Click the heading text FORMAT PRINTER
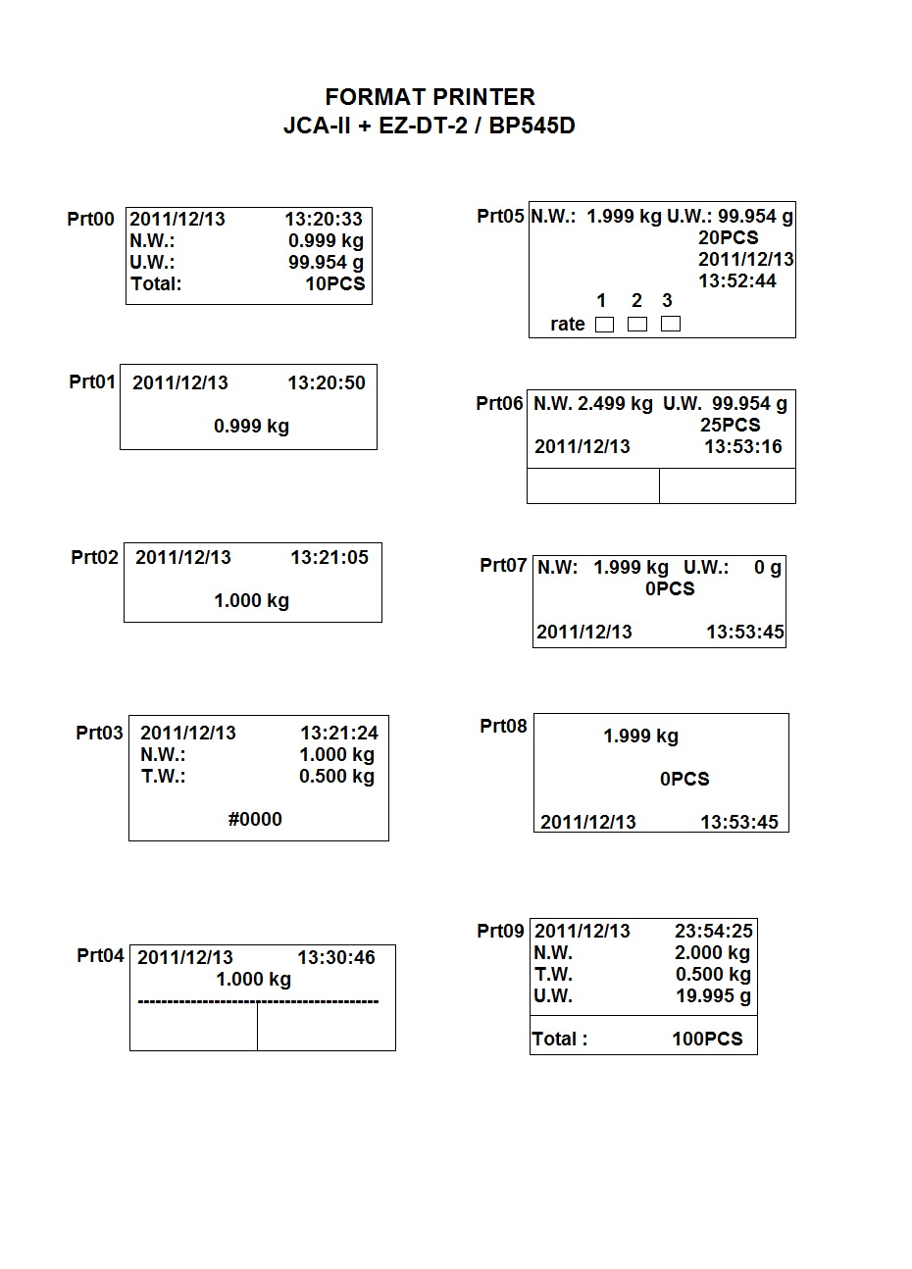[x=430, y=97]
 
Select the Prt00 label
[x=90, y=219]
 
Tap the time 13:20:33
[x=324, y=219]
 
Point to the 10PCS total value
[x=334, y=283]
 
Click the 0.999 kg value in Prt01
[x=251, y=426]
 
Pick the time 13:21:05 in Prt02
[x=329, y=557]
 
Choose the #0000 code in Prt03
[x=255, y=819]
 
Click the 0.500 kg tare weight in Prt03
[x=336, y=776]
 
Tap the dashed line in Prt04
[x=258, y=1001]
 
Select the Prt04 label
[x=101, y=955]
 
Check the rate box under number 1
[x=604, y=325]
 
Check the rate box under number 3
[x=671, y=324]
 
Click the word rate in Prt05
[x=568, y=324]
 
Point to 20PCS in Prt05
[x=728, y=237]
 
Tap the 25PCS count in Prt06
[x=730, y=425]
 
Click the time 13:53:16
[x=743, y=446]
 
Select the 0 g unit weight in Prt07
[x=768, y=567]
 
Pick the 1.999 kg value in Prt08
[x=640, y=736]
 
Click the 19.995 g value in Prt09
[x=713, y=995]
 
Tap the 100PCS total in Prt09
[x=707, y=1039]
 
